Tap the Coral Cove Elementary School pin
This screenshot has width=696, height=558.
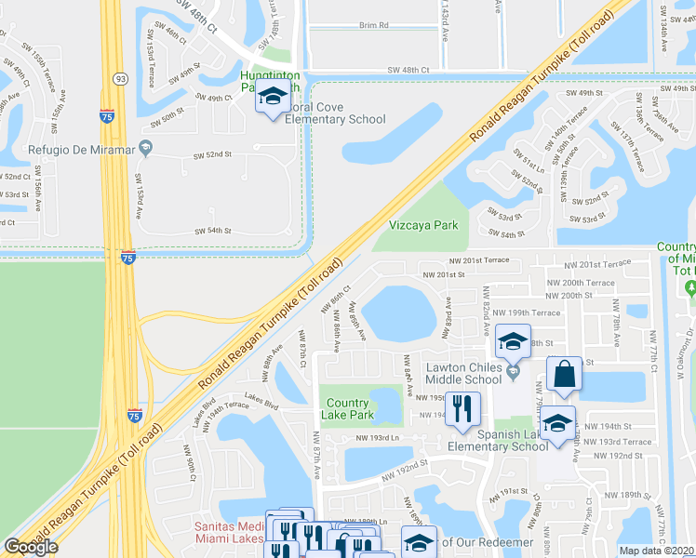click(x=273, y=98)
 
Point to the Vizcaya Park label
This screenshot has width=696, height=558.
click(x=423, y=225)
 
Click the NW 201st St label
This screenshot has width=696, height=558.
click(x=443, y=274)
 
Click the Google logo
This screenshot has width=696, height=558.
click(x=31, y=547)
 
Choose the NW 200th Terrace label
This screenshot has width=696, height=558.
click(x=581, y=282)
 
